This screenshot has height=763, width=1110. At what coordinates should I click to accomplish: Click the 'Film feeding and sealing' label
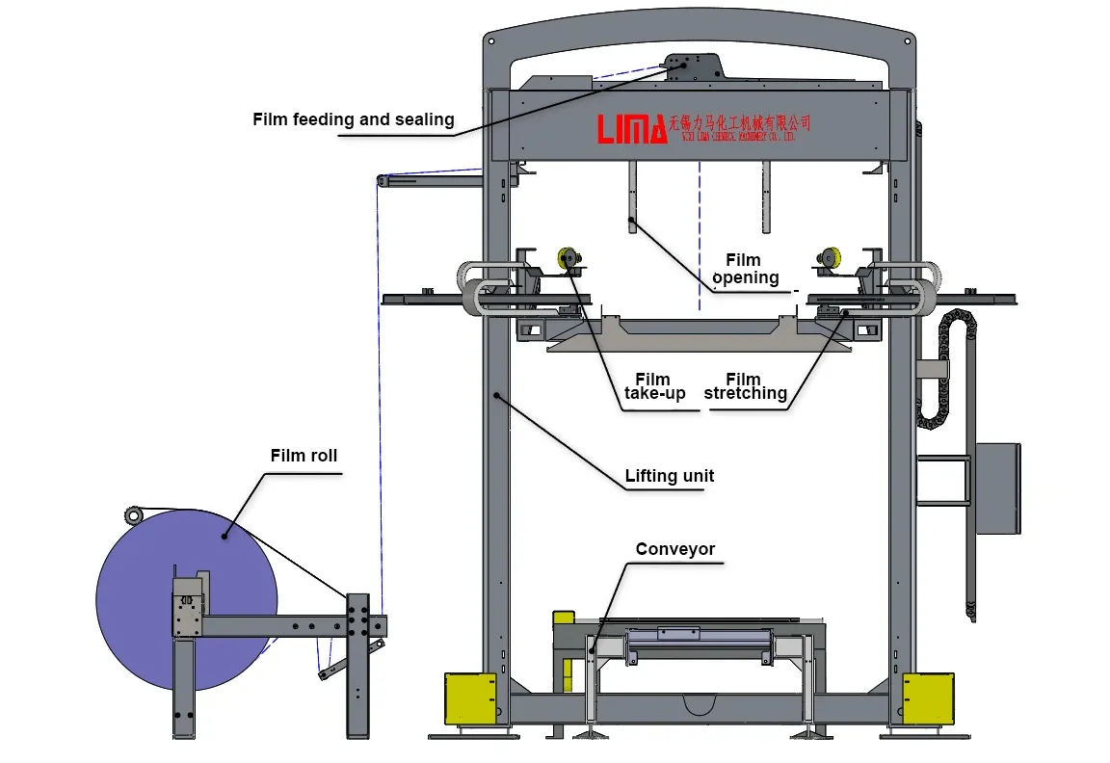click(x=353, y=119)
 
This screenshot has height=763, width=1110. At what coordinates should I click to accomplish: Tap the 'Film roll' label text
click(x=304, y=455)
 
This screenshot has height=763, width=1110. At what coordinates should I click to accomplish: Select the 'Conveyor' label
click(x=674, y=549)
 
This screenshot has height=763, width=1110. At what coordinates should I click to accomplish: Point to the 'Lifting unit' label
click(x=669, y=476)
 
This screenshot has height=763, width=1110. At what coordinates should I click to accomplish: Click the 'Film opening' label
click(x=745, y=269)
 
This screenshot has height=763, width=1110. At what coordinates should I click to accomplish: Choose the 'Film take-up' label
click(x=654, y=386)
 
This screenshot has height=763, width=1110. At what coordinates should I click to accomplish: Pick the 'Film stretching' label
click(x=745, y=386)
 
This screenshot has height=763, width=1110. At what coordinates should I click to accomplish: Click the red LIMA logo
click(x=632, y=128)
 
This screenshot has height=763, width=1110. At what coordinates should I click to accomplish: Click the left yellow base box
click(x=470, y=697)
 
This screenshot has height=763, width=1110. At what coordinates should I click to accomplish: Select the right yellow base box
click(x=928, y=697)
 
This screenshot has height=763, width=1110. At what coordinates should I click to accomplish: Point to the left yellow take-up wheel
click(x=565, y=258)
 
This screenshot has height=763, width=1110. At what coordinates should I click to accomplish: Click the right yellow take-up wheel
click(x=831, y=257)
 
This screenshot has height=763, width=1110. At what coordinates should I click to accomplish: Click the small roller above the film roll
click(x=133, y=516)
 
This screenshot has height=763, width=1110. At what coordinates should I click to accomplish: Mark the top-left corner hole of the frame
click(x=491, y=42)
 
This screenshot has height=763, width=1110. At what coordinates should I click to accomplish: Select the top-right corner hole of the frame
click(x=906, y=41)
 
